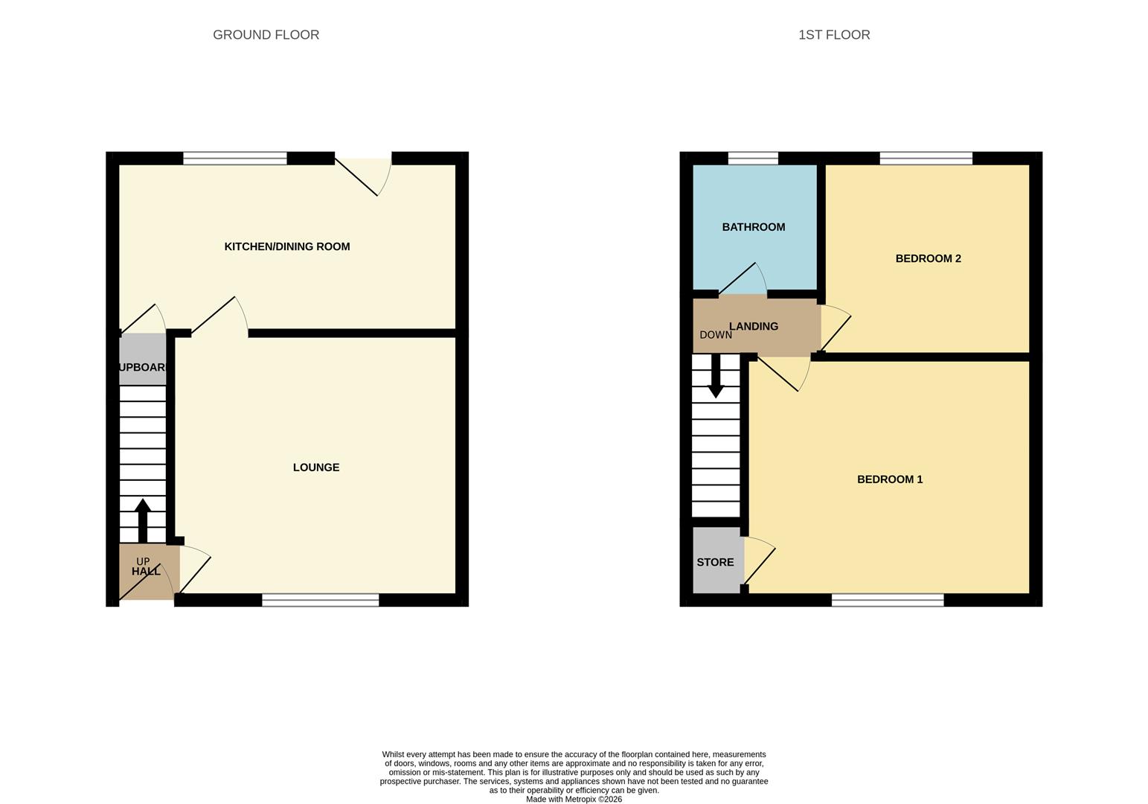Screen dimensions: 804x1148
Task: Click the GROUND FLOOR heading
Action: click(266, 35)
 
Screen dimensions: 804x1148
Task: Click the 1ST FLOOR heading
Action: click(834, 35)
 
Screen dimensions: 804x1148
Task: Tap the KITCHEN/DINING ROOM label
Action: click(287, 246)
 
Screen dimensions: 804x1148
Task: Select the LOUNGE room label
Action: click(316, 468)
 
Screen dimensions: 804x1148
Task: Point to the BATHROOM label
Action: click(753, 227)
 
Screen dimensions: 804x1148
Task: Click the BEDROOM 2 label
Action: click(928, 258)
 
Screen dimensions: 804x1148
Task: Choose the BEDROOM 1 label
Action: click(890, 479)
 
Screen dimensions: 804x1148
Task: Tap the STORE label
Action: click(715, 562)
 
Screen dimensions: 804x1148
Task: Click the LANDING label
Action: click(754, 326)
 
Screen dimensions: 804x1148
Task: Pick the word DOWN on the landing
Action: click(716, 335)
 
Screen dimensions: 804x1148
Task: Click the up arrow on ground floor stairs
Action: click(142, 520)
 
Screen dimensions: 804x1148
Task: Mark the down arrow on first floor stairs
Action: click(716, 377)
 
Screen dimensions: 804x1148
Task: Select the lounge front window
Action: click(321, 600)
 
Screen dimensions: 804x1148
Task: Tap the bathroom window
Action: click(753, 158)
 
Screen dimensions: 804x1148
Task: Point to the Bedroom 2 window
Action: click(926, 158)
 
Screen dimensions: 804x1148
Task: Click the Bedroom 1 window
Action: click(887, 600)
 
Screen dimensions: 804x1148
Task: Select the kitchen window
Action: click(234, 158)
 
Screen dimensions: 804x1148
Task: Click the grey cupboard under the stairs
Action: click(142, 360)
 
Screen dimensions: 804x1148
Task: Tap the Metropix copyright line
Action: click(574, 800)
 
